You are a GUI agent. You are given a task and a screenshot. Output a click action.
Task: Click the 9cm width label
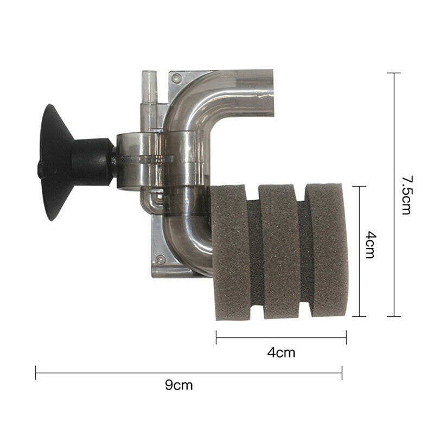pyautogui.click(x=178, y=386)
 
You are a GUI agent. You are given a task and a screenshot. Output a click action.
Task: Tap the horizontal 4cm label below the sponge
pyautogui.click(x=281, y=353)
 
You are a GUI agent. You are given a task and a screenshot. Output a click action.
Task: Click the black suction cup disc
pyautogui.click(x=51, y=163)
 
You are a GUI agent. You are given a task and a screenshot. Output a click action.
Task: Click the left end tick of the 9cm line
pyautogui.click(x=36, y=372)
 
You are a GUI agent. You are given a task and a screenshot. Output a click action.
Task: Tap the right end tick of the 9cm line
pyautogui.click(x=342, y=372)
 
